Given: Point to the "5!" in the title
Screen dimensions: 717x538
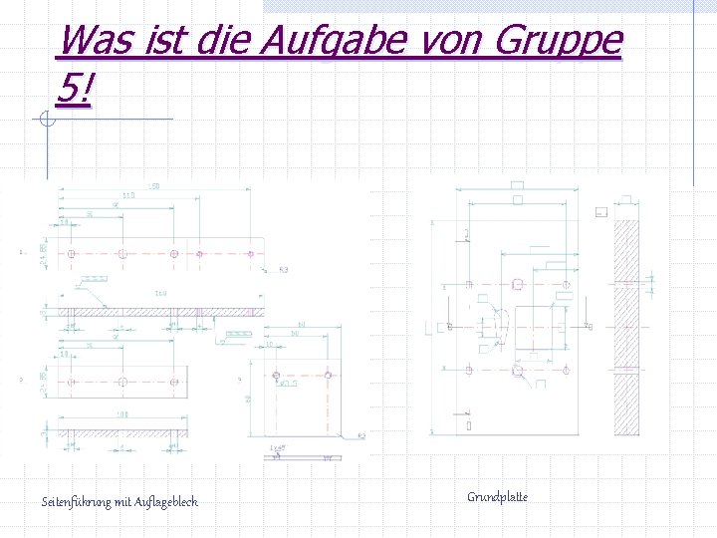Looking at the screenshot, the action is point(76,92).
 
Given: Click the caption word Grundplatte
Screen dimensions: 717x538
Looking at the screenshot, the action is point(497,496).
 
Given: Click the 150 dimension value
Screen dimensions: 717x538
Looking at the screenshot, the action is point(154,187).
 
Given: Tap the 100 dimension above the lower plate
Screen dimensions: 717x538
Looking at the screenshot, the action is point(122,414).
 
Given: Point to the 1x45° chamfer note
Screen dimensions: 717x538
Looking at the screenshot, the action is point(280,448).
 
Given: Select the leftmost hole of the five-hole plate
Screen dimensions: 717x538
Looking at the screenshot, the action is point(72,253).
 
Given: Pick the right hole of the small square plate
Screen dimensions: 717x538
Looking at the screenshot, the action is point(328,377).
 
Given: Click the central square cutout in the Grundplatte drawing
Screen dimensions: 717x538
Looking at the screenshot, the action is point(540,326).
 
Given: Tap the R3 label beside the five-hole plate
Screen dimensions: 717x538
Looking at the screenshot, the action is point(283,270).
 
